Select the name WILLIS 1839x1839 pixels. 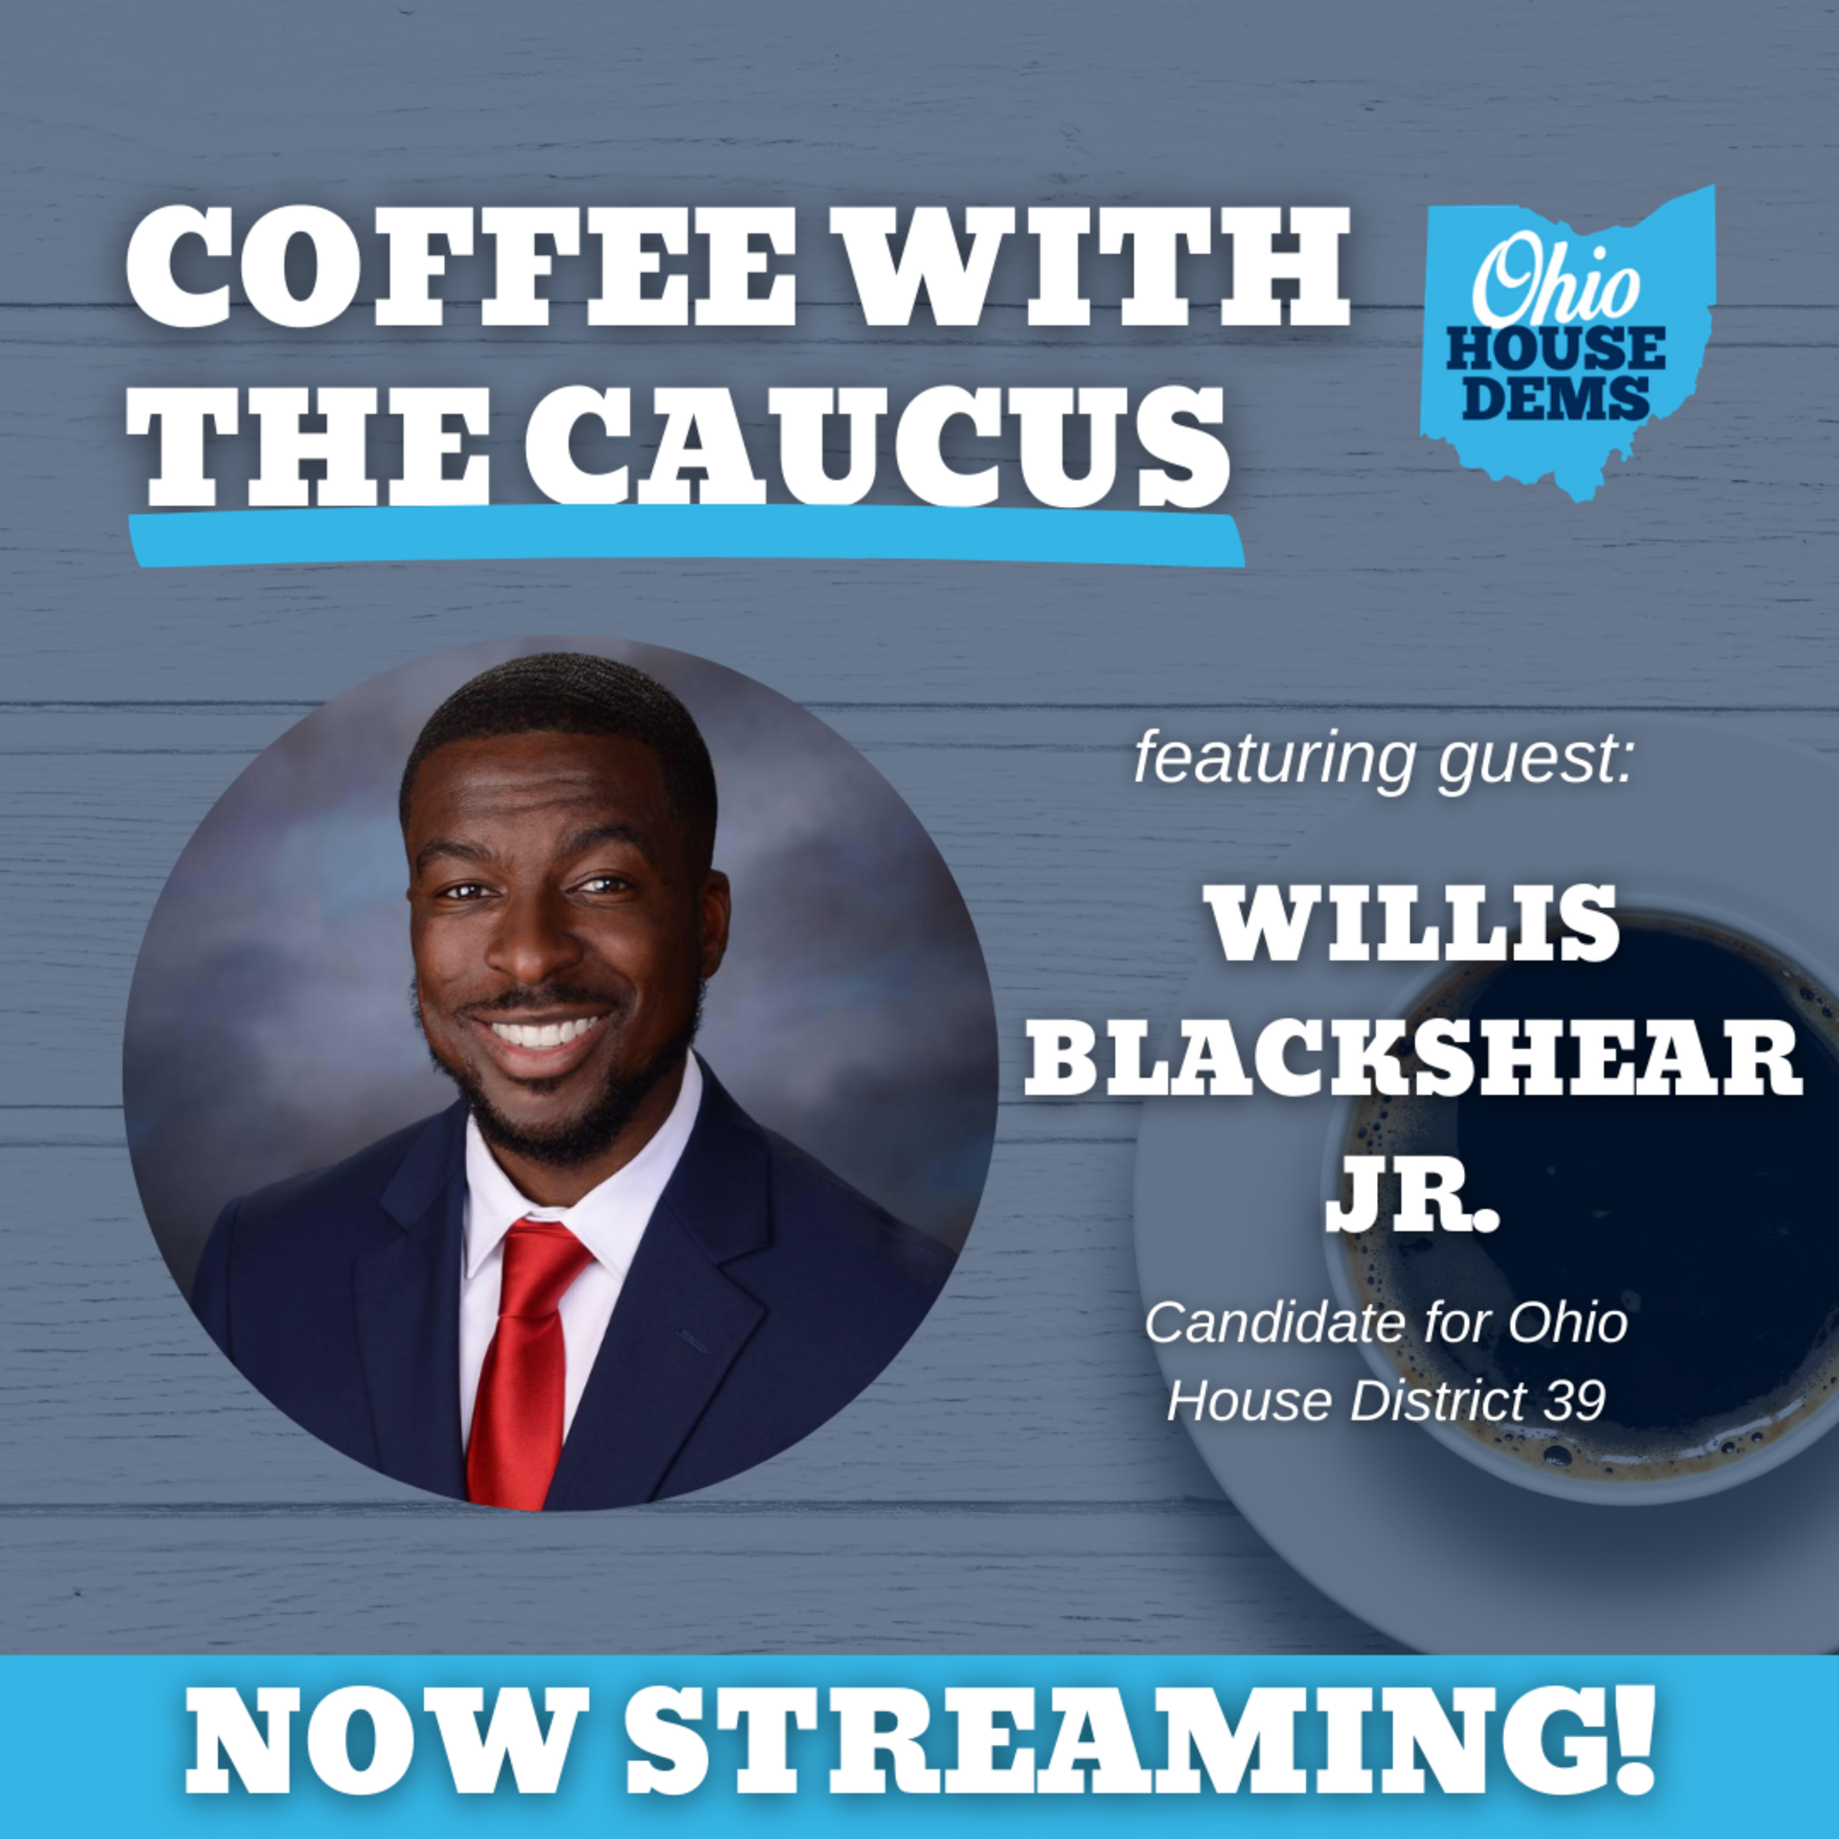click(1412, 921)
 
